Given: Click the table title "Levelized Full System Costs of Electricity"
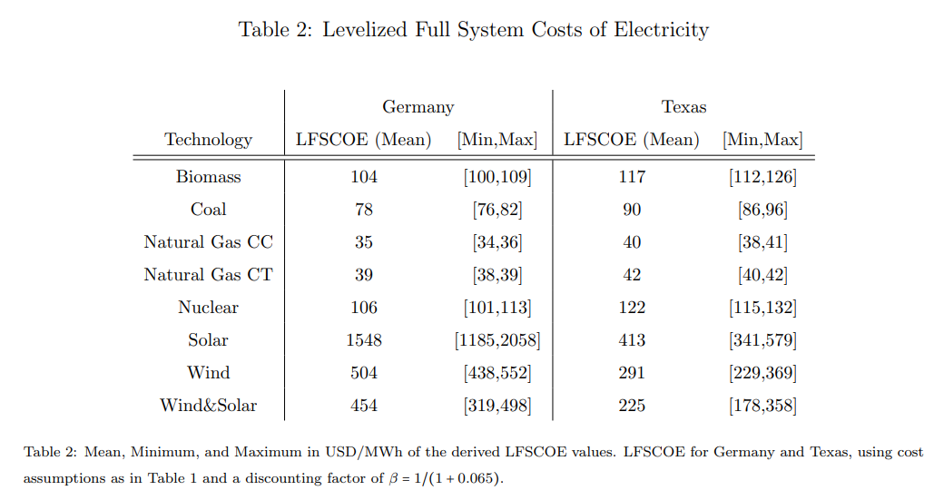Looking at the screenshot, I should tap(473, 30).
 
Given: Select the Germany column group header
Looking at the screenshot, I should tap(418, 107).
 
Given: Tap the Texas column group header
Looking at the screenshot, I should tap(683, 107).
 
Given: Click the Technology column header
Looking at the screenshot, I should tap(208, 140).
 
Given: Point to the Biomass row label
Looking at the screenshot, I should tap(208, 177).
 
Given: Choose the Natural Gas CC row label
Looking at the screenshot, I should tap(208, 242).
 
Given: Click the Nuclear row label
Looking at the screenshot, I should tap(208, 308).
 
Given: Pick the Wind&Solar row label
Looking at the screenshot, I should tap(208, 406).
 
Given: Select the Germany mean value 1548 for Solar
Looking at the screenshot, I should tap(363, 340).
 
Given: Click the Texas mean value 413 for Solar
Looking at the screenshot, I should tap(632, 340).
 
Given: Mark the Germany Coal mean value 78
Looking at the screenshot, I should tap(363, 210).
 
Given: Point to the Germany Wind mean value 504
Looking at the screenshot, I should tap(363, 373).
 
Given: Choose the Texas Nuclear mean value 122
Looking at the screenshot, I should tap(632, 308).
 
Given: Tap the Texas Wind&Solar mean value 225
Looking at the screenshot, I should tap(632, 406).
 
